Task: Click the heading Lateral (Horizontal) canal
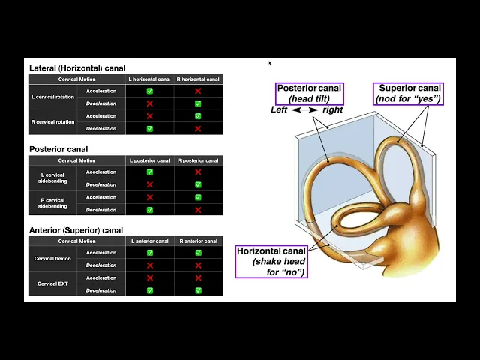click(x=77, y=68)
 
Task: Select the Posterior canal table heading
click(x=58, y=149)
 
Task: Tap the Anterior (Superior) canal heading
click(x=76, y=230)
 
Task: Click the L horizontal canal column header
click(x=149, y=79)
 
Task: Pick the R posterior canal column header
click(x=198, y=160)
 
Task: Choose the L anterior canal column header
click(x=149, y=241)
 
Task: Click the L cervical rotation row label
click(x=53, y=97)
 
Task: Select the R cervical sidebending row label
click(x=53, y=204)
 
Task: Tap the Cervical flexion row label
click(x=53, y=259)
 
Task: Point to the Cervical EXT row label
click(x=53, y=284)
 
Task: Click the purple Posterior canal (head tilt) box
click(x=309, y=93)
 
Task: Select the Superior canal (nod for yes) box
click(x=409, y=93)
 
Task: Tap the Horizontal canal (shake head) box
click(x=270, y=261)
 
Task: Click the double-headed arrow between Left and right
click(x=304, y=110)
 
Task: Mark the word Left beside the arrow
click(x=280, y=110)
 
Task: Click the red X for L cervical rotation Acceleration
click(x=198, y=91)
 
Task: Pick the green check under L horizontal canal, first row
click(x=149, y=91)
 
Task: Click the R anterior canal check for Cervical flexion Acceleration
click(x=198, y=253)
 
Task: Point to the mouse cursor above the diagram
click(x=269, y=62)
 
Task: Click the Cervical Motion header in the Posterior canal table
click(x=77, y=160)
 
